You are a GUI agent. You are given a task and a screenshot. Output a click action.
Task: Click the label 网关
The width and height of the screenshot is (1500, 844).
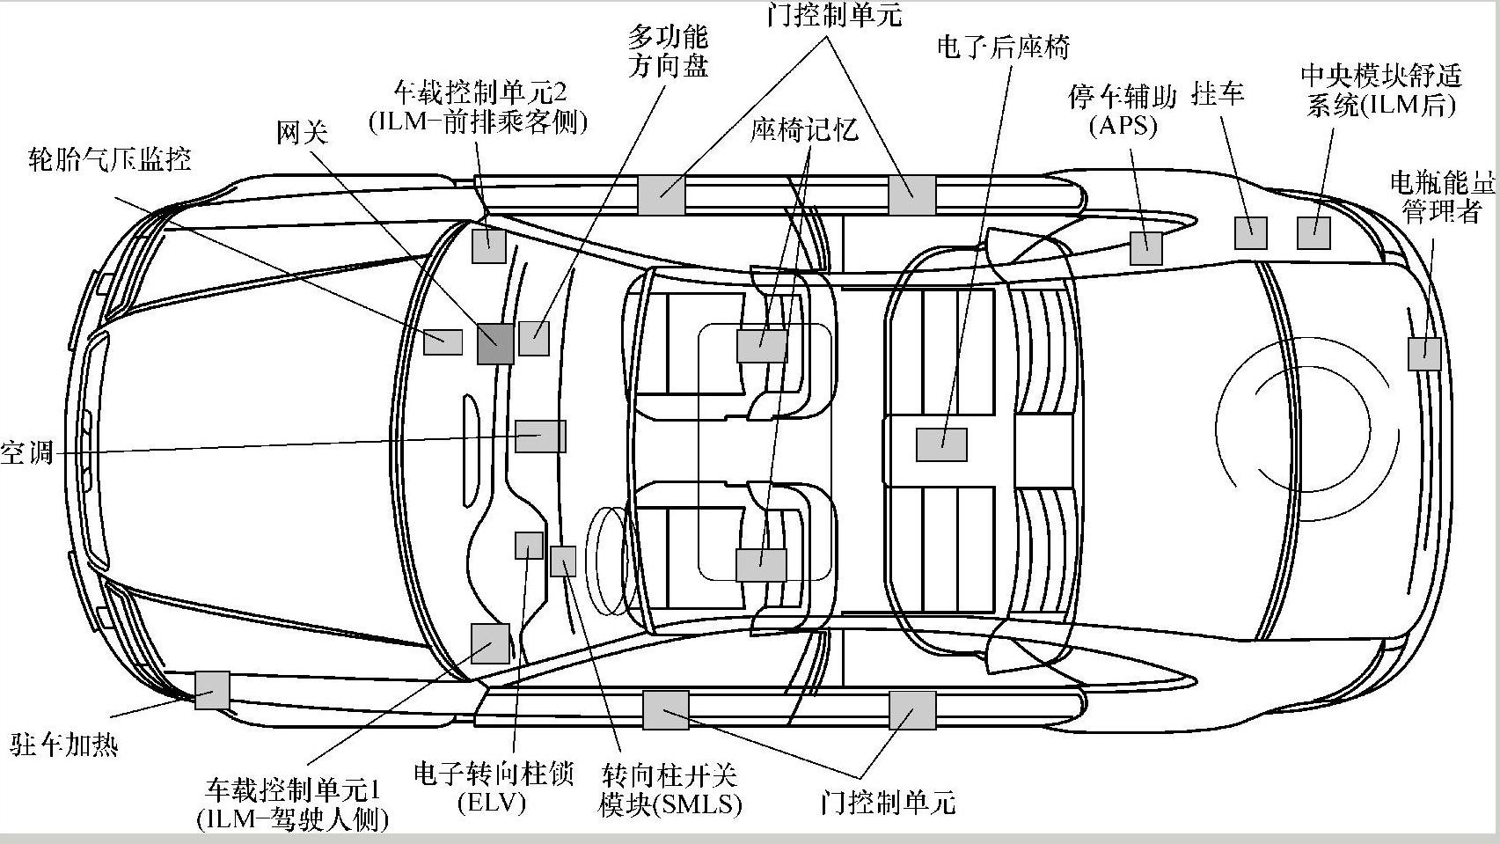tap(302, 133)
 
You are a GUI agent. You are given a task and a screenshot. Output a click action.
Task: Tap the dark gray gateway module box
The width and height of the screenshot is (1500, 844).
tap(495, 343)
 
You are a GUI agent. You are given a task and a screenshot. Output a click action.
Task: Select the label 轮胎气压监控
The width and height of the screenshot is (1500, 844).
tap(110, 159)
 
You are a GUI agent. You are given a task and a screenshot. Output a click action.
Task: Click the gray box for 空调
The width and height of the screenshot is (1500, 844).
tap(540, 437)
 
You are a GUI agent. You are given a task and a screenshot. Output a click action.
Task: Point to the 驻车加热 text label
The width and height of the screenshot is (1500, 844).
tap(63, 745)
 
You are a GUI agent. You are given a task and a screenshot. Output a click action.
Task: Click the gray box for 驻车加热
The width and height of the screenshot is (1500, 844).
tap(211, 690)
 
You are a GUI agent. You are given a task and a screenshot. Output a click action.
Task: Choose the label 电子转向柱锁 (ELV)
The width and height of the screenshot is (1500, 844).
tap(493, 787)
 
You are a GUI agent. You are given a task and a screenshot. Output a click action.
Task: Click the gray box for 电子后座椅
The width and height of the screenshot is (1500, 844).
tap(941, 444)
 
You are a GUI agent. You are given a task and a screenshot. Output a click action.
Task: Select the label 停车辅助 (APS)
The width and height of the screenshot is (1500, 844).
tap(1123, 111)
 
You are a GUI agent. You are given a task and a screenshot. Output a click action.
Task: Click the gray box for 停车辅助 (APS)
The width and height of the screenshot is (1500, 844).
tap(1145, 248)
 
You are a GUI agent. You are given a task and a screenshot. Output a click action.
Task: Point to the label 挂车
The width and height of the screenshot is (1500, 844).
tap(1218, 93)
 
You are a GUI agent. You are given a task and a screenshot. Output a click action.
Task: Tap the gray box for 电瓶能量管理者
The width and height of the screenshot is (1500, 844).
tap(1424, 354)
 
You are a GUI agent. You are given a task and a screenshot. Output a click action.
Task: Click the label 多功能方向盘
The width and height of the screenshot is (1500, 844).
tap(668, 51)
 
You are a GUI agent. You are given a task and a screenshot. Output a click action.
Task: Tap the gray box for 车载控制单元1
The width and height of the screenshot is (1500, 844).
tap(490, 643)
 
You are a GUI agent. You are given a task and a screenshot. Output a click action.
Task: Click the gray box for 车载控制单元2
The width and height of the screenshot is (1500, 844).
tap(488, 245)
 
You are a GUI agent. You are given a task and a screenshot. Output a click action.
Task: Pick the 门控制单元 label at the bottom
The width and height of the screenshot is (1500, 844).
tap(887, 802)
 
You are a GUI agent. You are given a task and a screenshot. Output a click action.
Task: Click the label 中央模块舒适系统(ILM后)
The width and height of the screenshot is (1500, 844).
tap(1381, 90)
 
